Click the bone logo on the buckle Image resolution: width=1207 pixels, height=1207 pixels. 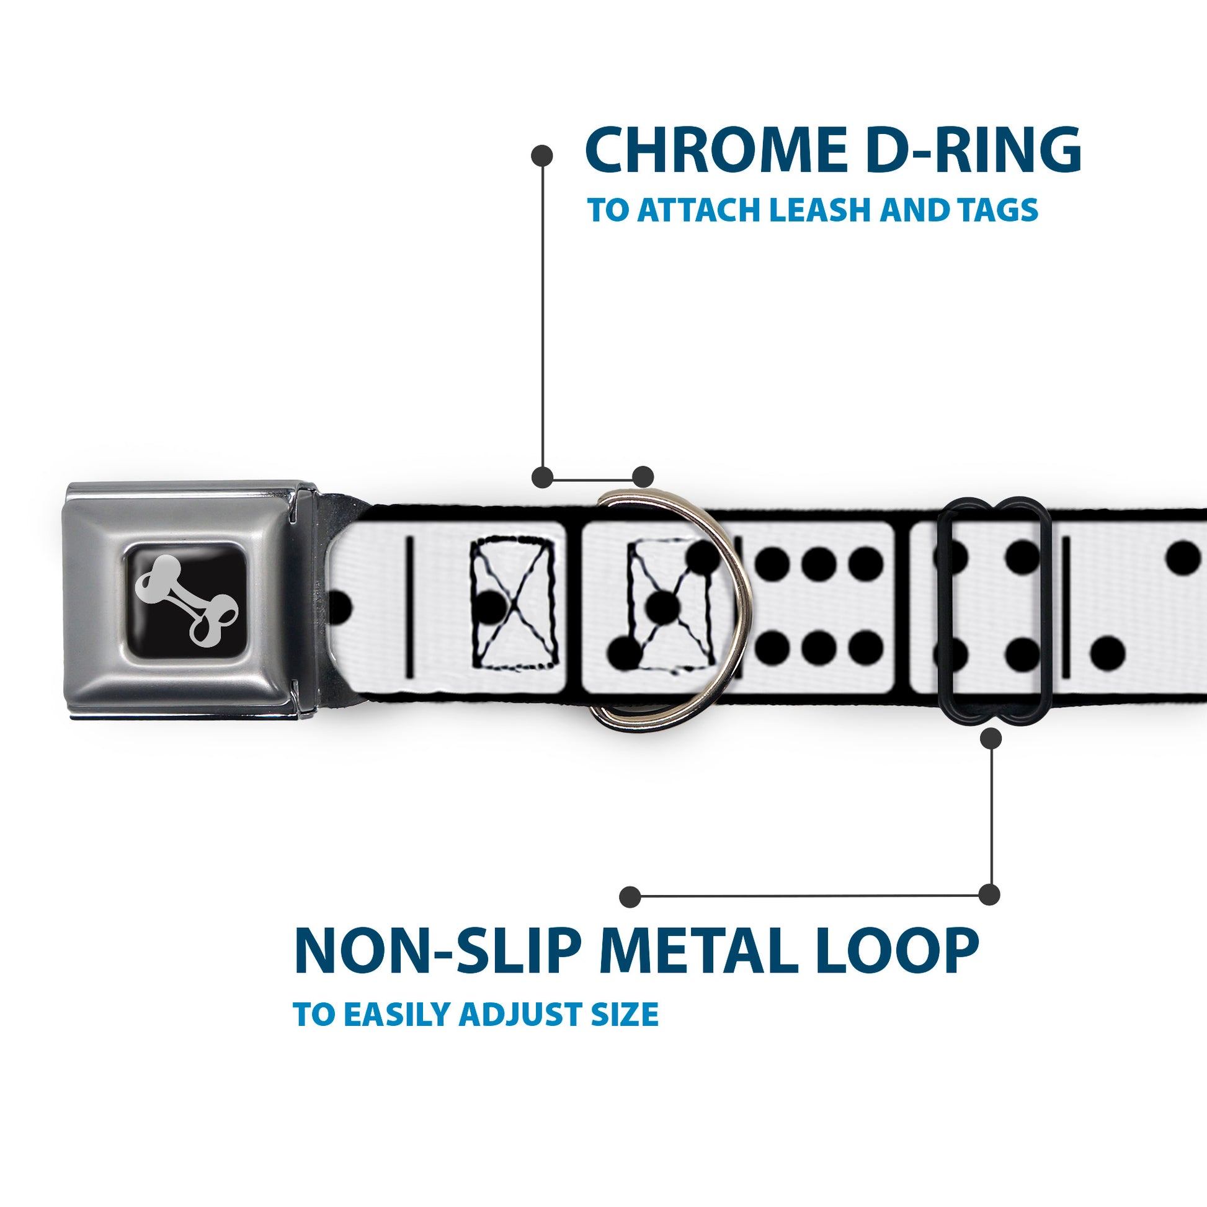pos(187,600)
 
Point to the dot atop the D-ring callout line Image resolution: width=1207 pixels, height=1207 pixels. pos(541,156)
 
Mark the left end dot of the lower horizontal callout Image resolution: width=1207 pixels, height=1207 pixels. pos(630,896)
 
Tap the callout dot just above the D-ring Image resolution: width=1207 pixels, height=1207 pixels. pos(643,477)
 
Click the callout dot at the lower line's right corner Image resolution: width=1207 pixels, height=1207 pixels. pos(989,894)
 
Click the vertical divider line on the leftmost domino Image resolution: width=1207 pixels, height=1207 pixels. pos(410,607)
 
